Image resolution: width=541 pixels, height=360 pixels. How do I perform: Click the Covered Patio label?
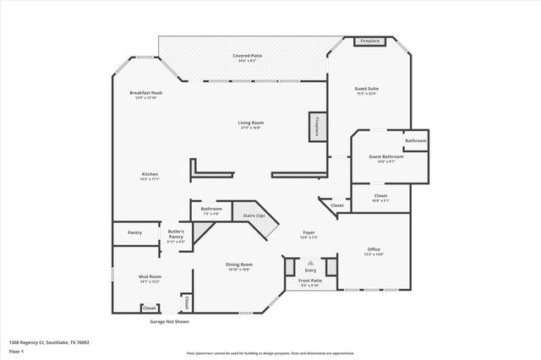point(249,57)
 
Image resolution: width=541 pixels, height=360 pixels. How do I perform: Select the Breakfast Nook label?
point(146,94)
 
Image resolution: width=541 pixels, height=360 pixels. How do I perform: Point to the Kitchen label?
point(150,176)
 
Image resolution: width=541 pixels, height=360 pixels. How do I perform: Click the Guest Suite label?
point(365,90)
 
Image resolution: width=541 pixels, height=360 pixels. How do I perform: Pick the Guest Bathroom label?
point(385,157)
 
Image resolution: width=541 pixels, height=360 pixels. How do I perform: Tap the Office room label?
point(374,250)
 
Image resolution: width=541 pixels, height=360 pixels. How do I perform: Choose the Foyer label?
point(309,233)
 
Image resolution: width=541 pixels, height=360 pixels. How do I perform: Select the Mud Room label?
point(150,278)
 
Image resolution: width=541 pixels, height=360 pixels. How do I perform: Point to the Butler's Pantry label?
point(176,234)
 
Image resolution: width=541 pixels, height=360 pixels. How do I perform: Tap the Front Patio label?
point(310,281)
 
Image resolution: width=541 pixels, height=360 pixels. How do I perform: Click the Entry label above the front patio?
point(310,270)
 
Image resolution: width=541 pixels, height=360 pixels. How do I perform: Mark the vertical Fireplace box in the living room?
point(317,126)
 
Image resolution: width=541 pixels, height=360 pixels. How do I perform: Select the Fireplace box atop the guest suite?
point(369,41)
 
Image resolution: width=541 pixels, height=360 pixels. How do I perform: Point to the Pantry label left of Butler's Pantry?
point(135,232)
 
